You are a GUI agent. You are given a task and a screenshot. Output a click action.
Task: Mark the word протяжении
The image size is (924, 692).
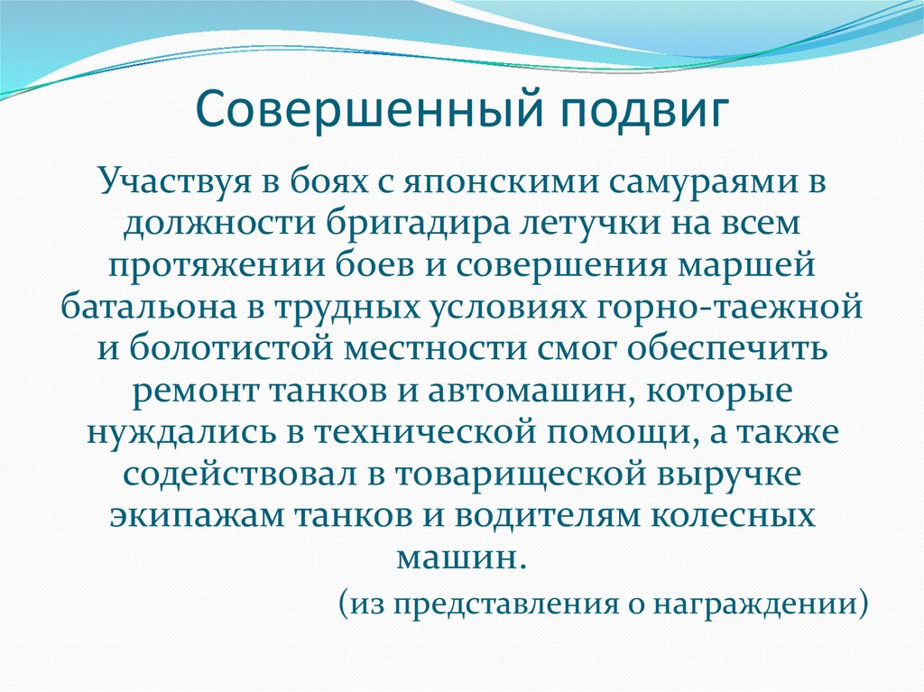[x=209, y=266]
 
